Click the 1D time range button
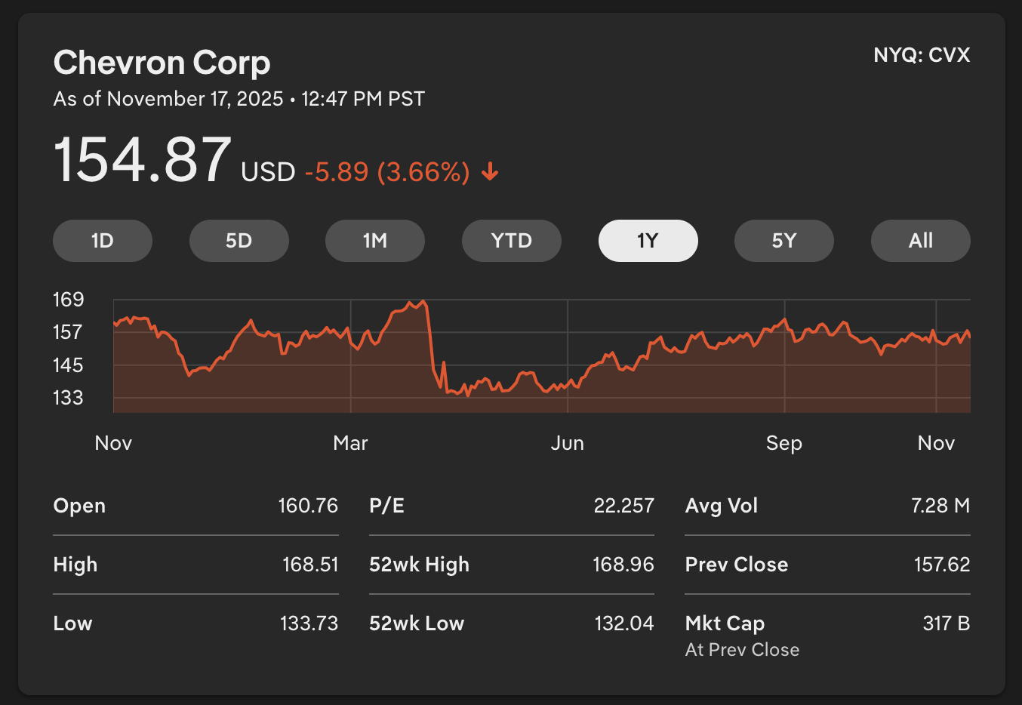pyautogui.click(x=103, y=241)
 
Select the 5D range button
pyautogui.click(x=239, y=241)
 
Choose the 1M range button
pyautogui.click(x=375, y=241)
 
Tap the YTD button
pyautogui.click(x=512, y=241)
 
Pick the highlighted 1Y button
pyautogui.click(x=648, y=241)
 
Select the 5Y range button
pyautogui.click(x=784, y=241)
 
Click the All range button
pyautogui.click(x=920, y=241)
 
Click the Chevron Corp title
pyautogui.click(x=162, y=63)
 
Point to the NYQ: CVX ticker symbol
pyautogui.click(x=922, y=55)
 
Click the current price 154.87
pyautogui.click(x=142, y=160)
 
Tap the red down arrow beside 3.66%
pyautogui.click(x=490, y=172)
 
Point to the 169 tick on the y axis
pyautogui.click(x=68, y=300)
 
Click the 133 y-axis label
pyautogui.click(x=68, y=398)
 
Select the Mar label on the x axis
pyautogui.click(x=350, y=443)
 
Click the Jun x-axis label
pyautogui.click(x=567, y=443)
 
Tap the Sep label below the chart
pyautogui.click(x=783, y=443)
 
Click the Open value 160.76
pyautogui.click(x=308, y=506)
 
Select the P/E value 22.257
pyautogui.click(x=623, y=506)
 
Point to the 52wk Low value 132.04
pyautogui.click(x=623, y=623)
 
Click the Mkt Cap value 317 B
pyautogui.click(x=946, y=623)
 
